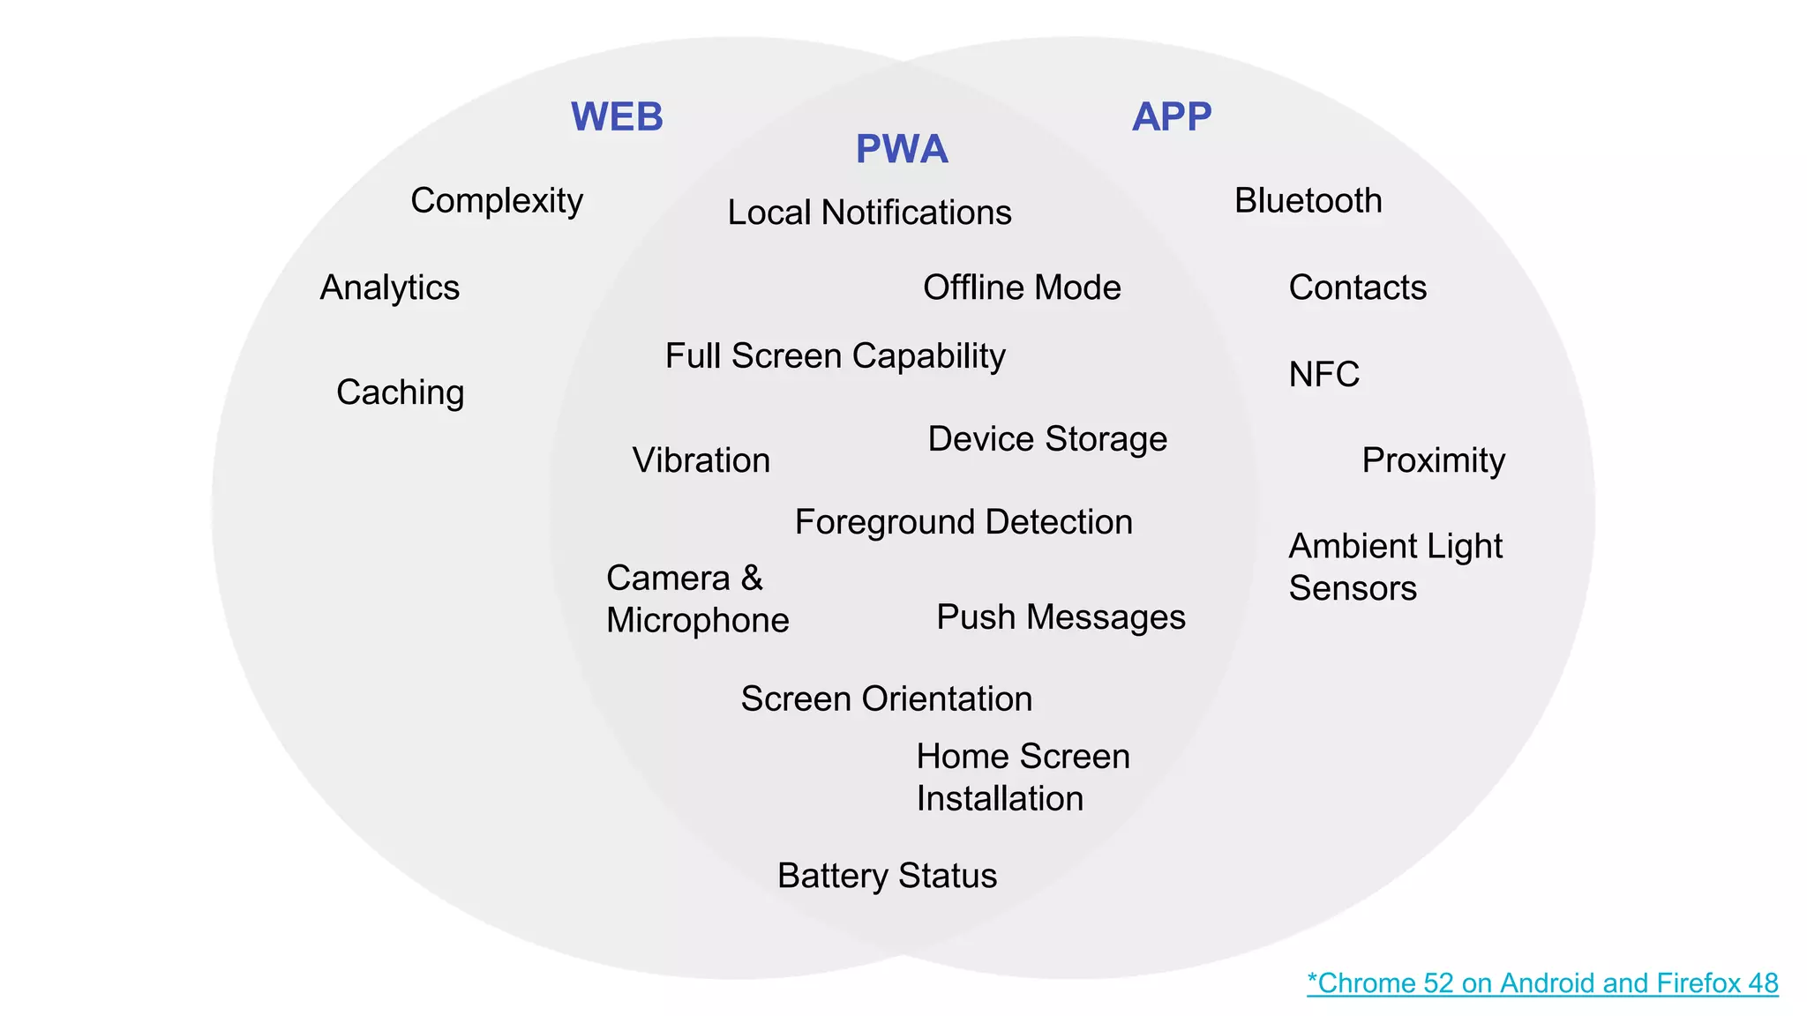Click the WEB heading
coord(617,117)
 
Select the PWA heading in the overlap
coord(902,149)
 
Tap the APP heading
coord(1172,116)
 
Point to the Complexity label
coord(497,201)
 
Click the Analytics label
coord(389,288)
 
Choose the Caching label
coord(400,392)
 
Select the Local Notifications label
coord(869,213)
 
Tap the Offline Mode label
coord(1022,288)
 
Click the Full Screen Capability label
coord(835,356)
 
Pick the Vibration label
coord(701,460)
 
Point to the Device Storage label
coord(1047,439)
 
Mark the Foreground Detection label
coord(963,522)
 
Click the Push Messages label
coord(1061,617)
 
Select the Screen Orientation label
coord(886,698)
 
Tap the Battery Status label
coord(887,876)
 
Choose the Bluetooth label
coord(1308,201)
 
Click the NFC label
coord(1323,375)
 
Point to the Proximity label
coord(1433,460)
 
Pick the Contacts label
coord(1357,288)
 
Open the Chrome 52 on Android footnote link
coord(1542,982)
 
